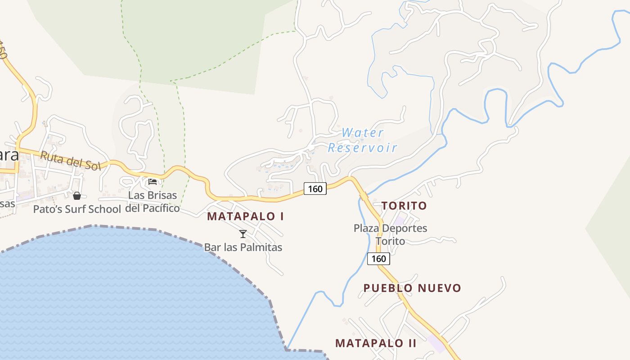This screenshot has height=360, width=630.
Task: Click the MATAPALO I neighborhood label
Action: click(x=245, y=216)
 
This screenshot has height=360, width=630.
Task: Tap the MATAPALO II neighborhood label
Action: click(x=376, y=343)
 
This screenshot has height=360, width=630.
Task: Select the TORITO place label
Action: click(x=404, y=206)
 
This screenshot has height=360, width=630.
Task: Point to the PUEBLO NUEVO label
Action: click(x=412, y=288)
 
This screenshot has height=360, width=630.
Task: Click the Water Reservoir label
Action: click(x=362, y=140)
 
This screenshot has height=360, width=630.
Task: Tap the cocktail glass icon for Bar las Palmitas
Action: click(x=243, y=234)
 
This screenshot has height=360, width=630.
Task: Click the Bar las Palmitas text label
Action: click(x=243, y=247)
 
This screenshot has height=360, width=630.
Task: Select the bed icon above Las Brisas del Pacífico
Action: click(x=153, y=181)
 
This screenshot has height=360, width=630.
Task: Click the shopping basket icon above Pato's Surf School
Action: click(x=77, y=195)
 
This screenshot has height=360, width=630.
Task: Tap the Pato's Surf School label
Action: click(x=77, y=209)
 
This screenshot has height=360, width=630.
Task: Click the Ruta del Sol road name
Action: click(x=70, y=161)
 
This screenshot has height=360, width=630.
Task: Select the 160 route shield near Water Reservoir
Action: click(x=315, y=189)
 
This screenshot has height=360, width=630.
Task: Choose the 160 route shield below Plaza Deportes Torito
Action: click(x=378, y=259)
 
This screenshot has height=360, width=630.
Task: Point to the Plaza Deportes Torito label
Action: click(x=390, y=234)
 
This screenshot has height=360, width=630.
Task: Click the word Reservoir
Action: click(x=362, y=148)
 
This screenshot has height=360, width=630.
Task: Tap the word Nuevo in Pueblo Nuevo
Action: click(x=438, y=288)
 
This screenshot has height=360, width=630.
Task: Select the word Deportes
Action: click(x=402, y=228)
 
